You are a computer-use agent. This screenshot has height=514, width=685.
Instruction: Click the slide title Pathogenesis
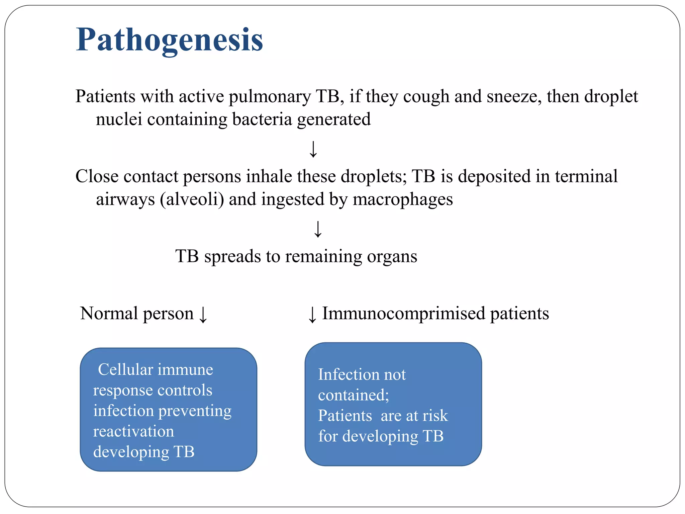170,40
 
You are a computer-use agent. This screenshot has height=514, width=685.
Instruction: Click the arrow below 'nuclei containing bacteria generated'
313,149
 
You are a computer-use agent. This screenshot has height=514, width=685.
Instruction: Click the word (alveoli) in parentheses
192,199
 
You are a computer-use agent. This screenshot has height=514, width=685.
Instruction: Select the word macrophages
403,200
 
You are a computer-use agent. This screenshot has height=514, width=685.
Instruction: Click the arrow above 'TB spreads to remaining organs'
318,229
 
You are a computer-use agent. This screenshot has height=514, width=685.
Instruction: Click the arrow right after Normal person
203,315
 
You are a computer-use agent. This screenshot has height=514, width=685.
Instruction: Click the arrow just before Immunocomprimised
312,315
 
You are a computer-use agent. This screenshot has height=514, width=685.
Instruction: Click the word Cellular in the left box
125,370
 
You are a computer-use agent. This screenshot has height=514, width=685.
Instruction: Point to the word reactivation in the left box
133,431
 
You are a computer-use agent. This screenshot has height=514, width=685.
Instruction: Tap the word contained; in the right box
354,395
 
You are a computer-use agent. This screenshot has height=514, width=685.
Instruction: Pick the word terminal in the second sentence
586,176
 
